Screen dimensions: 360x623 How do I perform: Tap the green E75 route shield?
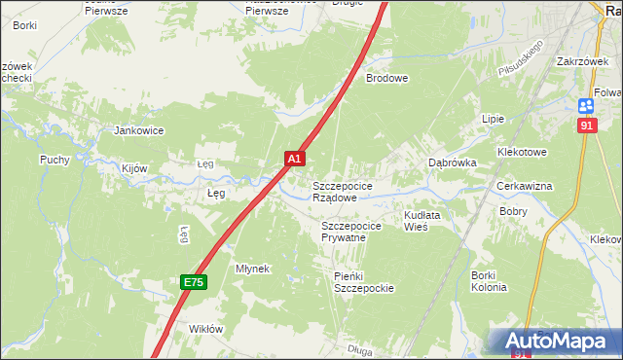coord(193,282)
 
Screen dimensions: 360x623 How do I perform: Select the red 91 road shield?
coord(585,126)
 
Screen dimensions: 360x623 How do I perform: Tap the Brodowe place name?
coord(386,78)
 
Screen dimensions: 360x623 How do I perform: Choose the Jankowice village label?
coord(139,130)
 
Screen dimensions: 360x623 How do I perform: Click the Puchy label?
coord(54,160)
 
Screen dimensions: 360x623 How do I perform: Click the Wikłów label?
coord(206,329)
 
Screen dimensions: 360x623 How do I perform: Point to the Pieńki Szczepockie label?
coord(362,282)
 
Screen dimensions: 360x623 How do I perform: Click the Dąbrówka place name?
coord(453,163)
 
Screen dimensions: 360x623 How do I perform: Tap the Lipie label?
coord(493,119)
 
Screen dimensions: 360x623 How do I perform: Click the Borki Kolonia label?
coord(489,281)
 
